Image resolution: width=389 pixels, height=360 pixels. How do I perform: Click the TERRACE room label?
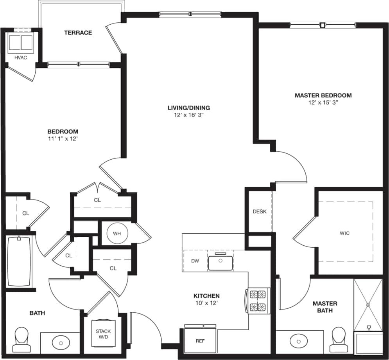[x=78, y=32]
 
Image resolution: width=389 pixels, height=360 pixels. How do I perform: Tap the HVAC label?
[x=21, y=58]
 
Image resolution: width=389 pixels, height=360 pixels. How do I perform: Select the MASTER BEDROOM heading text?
[x=323, y=95]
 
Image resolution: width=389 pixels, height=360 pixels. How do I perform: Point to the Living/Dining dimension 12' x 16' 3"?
[x=188, y=115]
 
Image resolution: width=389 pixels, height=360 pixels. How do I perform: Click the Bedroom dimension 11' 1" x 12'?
[x=63, y=139]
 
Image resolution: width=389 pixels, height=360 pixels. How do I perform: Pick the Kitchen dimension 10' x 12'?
[x=206, y=303]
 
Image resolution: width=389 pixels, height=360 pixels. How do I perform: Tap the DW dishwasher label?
[x=195, y=261]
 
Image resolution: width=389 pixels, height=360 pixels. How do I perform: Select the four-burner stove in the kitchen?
[x=258, y=301]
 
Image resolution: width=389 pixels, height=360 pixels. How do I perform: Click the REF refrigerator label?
[x=200, y=341]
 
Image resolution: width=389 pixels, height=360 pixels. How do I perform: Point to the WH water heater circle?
[x=117, y=234]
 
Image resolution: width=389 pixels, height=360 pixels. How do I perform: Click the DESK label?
[x=259, y=212]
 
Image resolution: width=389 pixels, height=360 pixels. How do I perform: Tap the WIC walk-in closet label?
[x=344, y=233]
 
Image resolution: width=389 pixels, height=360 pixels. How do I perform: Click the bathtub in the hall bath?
[x=19, y=261]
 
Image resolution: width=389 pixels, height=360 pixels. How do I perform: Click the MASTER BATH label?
[x=325, y=307]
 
